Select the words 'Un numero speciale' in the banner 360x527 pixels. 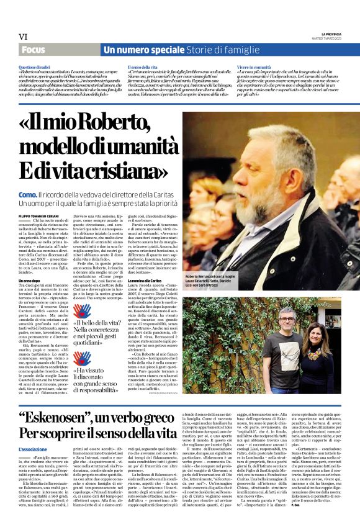[133, 49]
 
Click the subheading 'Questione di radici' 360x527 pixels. [35, 66]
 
